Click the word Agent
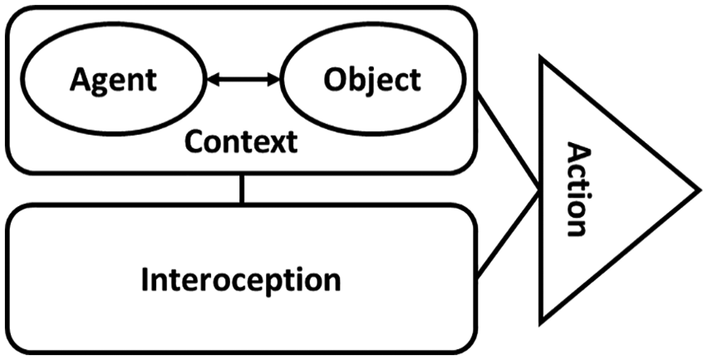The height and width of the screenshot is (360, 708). pyautogui.click(x=113, y=81)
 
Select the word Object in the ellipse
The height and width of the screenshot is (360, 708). pyautogui.click(x=372, y=81)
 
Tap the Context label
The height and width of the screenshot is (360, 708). pyautogui.click(x=241, y=141)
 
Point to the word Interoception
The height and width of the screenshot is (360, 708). pyautogui.click(x=241, y=279)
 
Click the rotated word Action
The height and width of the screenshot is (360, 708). pyautogui.click(x=576, y=190)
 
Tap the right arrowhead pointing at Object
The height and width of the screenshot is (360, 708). pyautogui.click(x=273, y=80)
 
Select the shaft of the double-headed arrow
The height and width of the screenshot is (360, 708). pyautogui.click(x=243, y=80)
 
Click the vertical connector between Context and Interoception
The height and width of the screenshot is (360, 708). pyautogui.click(x=242, y=189)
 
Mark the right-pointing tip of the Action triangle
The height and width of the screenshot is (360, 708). pyautogui.click(x=698, y=190)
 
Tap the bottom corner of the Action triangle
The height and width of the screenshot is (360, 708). pyautogui.click(x=542, y=322)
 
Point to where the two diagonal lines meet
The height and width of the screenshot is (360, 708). pyautogui.click(x=538, y=190)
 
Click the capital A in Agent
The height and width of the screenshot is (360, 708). pyautogui.click(x=81, y=80)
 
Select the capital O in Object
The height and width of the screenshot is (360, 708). pyautogui.click(x=336, y=80)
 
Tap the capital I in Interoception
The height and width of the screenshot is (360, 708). pyautogui.click(x=145, y=279)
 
